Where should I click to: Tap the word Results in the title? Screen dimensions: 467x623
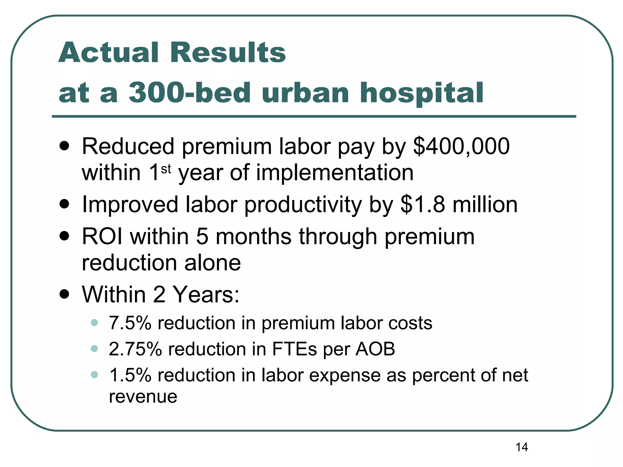(x=228, y=53)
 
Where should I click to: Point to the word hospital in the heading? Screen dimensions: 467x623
(x=421, y=93)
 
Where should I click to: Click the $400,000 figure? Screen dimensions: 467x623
(x=461, y=147)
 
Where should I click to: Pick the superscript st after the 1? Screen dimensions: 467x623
(x=166, y=169)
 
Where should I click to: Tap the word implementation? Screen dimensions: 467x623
(x=335, y=173)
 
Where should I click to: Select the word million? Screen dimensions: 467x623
(x=485, y=204)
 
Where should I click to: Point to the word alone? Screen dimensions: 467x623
(x=213, y=263)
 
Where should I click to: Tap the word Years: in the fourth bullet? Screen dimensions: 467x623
(x=206, y=294)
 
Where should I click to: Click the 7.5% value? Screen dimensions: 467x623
(x=130, y=323)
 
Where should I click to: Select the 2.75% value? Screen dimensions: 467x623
(x=135, y=349)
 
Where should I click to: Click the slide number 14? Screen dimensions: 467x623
(x=522, y=447)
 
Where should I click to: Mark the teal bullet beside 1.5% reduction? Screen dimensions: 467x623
(x=94, y=375)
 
